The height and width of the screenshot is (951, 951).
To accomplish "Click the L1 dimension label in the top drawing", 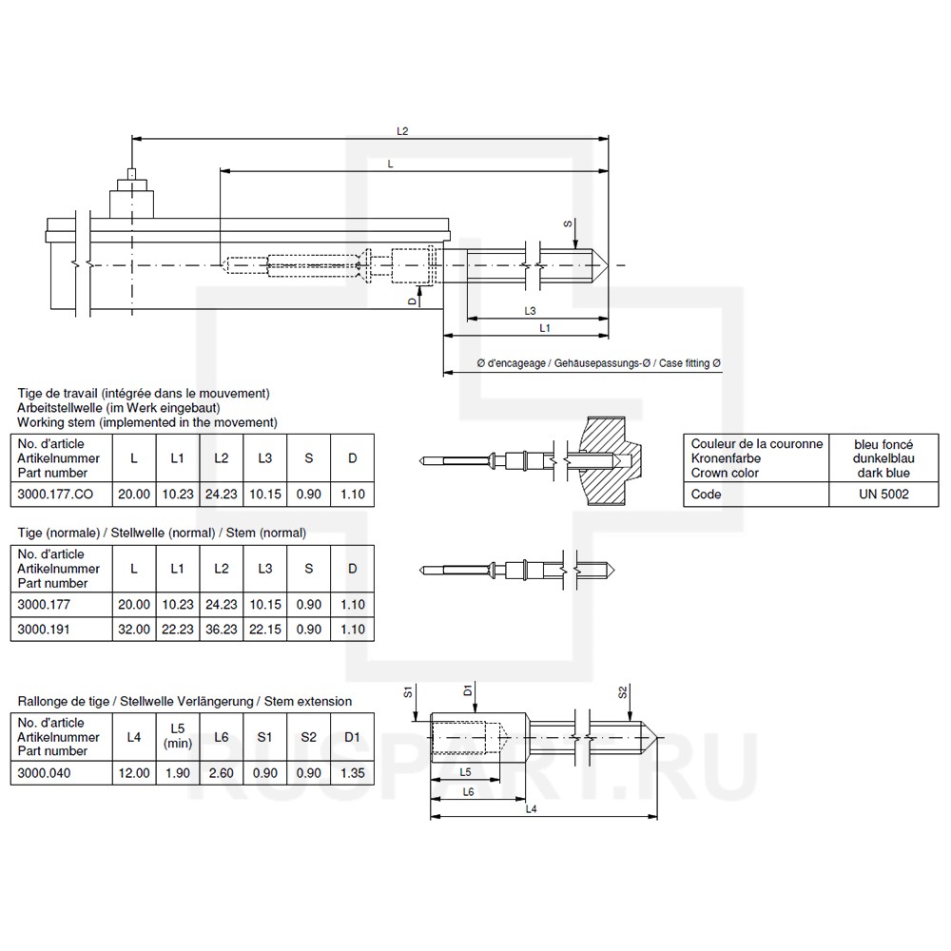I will pyautogui.click(x=545, y=327).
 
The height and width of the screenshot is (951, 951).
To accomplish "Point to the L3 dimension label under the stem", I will pyautogui.click(x=531, y=311).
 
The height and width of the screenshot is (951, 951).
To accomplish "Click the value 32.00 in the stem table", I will pyautogui.click(x=134, y=629).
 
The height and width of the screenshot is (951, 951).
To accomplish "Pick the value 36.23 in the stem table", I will pyautogui.click(x=222, y=629).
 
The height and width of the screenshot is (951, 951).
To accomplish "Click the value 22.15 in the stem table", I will pyautogui.click(x=265, y=629).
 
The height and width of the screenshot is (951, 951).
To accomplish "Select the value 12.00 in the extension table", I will pyautogui.click(x=133, y=772).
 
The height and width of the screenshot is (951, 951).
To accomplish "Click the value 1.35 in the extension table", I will pyautogui.click(x=352, y=772).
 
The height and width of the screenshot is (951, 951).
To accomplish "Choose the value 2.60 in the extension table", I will pyautogui.click(x=221, y=772).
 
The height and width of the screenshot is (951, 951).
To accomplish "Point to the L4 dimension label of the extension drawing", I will pyautogui.click(x=532, y=809).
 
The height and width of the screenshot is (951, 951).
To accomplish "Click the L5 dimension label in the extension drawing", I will pyautogui.click(x=466, y=771).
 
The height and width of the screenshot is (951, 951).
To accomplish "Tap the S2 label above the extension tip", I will pyautogui.click(x=623, y=691).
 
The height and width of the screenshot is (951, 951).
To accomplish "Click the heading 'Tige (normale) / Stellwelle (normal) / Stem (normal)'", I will pyautogui.click(x=162, y=533).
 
